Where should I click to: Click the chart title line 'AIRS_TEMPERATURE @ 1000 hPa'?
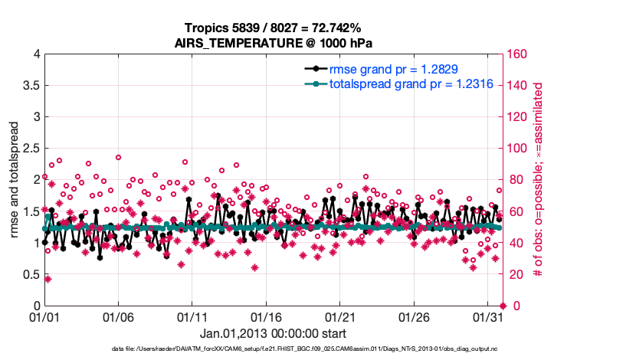pyautogui.click(x=274, y=43)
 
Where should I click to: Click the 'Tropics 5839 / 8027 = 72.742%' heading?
pyautogui.click(x=274, y=28)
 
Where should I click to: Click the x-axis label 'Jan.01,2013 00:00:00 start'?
pyautogui.click(x=274, y=333)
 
